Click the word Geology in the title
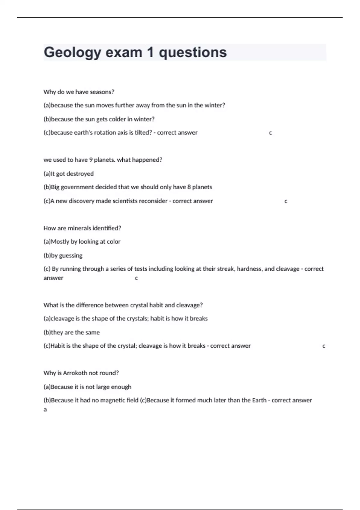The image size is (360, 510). point(73,52)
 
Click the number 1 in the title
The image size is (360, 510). point(150,52)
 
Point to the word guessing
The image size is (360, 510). point(71,256)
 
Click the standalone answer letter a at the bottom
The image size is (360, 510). point(45,409)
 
